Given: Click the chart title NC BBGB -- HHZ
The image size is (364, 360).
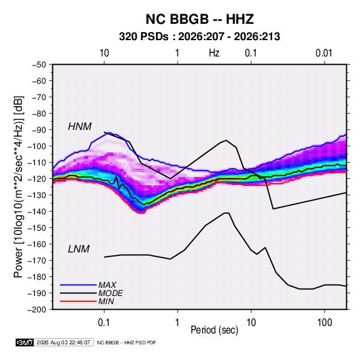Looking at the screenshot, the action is [x=199, y=19].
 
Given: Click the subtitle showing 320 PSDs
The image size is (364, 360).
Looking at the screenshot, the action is [x=199, y=37].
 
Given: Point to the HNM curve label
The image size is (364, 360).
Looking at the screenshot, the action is [x=80, y=127].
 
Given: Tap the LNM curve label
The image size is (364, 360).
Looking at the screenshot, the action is [x=79, y=249].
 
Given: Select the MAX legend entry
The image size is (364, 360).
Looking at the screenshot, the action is [x=107, y=284].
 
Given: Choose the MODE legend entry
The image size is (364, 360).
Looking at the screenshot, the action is [x=110, y=293].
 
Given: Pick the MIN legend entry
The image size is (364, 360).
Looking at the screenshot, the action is [x=106, y=301].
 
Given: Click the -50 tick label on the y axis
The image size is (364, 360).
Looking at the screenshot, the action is [x=39, y=65].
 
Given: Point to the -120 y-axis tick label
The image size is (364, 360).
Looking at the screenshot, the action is [x=37, y=179].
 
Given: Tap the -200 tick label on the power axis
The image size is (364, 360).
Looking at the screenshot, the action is [x=37, y=310].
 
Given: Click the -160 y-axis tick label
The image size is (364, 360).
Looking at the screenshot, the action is [x=37, y=244].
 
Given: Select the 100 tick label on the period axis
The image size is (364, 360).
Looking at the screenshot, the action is [x=325, y=323].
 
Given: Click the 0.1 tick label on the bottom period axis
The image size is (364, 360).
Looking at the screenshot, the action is [x=104, y=323].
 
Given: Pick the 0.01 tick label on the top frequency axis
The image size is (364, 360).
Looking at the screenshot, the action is [x=324, y=53].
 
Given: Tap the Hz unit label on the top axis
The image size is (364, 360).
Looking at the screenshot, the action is [x=214, y=53].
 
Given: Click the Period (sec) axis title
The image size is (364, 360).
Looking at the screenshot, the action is [x=214, y=330].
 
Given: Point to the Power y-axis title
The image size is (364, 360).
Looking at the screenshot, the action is [x=18, y=187].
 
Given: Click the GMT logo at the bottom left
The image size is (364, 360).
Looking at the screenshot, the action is [x=24, y=342].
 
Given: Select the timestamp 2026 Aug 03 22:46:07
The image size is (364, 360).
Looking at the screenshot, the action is [x=63, y=342].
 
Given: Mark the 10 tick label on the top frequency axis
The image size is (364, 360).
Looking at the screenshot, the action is [x=104, y=53].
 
